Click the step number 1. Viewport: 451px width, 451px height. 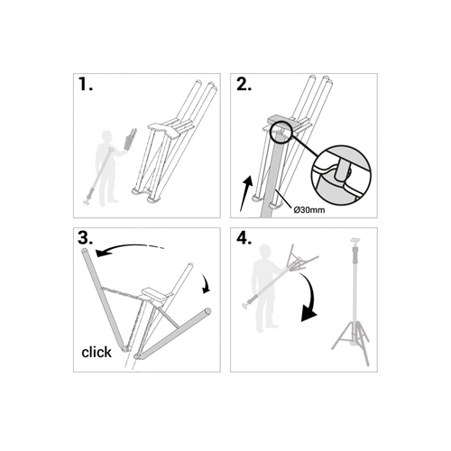[86, 84]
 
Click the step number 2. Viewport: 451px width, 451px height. [244, 84]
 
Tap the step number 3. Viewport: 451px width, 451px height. [86, 238]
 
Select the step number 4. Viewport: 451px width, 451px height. [244, 238]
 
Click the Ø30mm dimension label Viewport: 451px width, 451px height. [309, 210]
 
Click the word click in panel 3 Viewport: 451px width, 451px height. [97, 352]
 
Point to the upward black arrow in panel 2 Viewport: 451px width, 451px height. [245, 194]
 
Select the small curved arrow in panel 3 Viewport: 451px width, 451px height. [207, 283]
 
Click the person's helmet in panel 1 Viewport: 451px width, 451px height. [107, 134]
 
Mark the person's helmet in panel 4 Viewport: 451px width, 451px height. [266, 249]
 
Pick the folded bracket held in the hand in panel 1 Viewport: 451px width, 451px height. [129, 139]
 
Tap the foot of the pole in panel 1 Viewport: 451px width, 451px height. [87, 202]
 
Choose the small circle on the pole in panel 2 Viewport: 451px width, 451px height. [281, 131]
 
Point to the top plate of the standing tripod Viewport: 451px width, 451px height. [355, 241]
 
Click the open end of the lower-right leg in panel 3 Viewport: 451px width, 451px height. [207, 311]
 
